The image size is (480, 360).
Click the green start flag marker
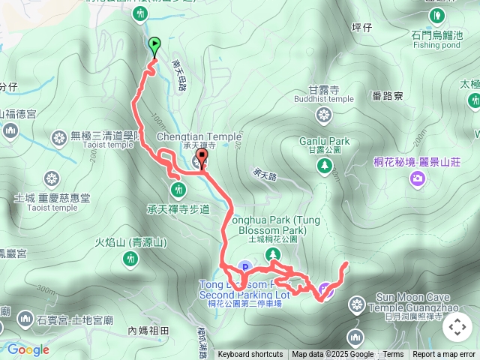[x=154, y=46]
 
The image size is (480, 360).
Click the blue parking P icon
[x=244, y=267]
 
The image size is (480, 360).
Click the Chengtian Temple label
[x=199, y=137]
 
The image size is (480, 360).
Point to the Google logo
[x=28, y=349]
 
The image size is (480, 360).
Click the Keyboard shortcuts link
[x=250, y=355]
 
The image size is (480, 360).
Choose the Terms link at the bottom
[x=393, y=355]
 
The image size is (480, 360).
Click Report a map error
[x=445, y=355]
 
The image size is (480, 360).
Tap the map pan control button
[x=457, y=327]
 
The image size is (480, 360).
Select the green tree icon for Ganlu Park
[x=324, y=166]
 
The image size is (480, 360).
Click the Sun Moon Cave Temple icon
[x=356, y=304]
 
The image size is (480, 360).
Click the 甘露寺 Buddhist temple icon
[x=323, y=115]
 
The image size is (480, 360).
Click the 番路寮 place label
[x=388, y=95]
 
